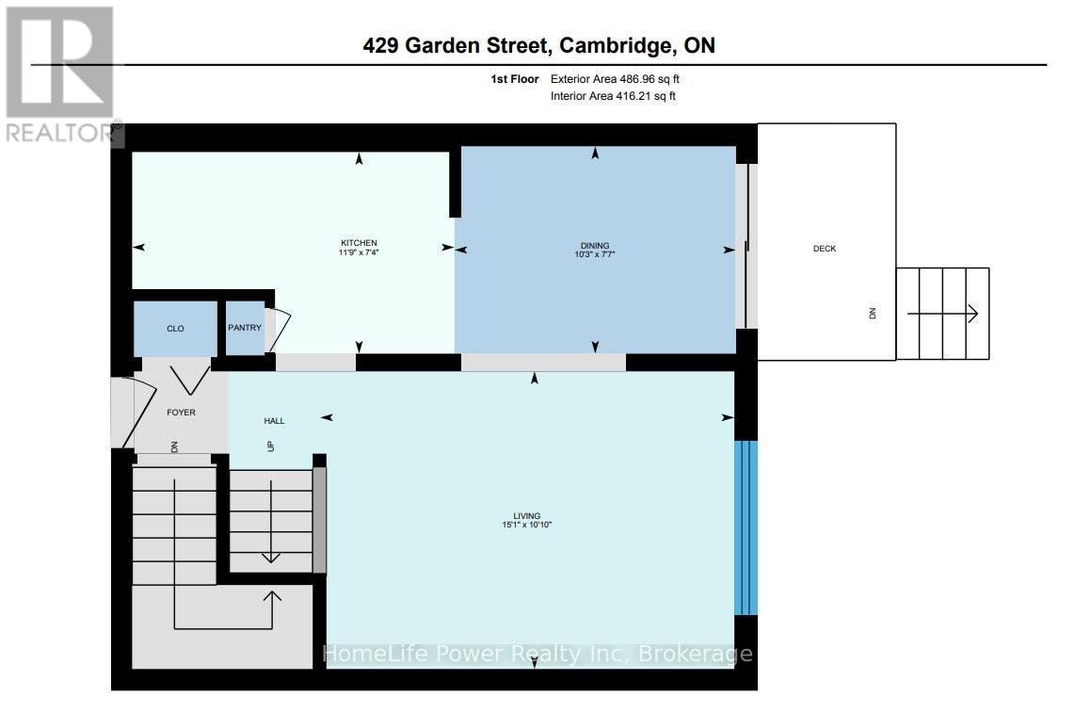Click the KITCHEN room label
[x=359, y=243]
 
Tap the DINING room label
[x=595, y=245]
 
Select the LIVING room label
[x=526, y=515]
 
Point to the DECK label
[x=825, y=249]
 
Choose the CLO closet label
[x=175, y=329]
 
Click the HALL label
[x=274, y=421]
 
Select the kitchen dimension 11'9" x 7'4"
[x=359, y=252]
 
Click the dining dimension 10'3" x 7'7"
[x=595, y=254]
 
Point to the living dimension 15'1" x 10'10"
[x=526, y=525]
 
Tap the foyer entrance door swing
[x=122, y=413]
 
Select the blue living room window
[x=746, y=527]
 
